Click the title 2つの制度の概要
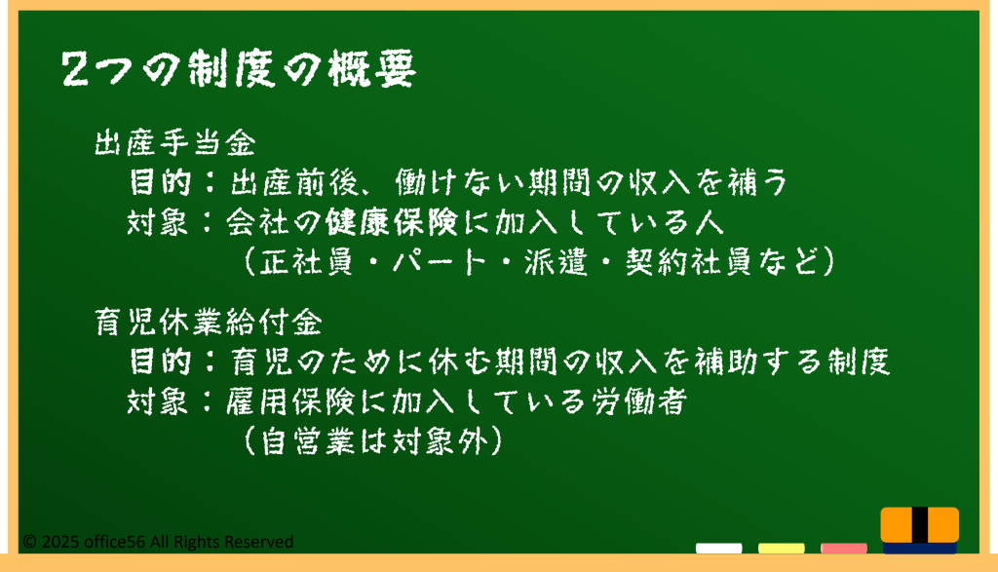coord(240,69)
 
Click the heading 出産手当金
coord(175,143)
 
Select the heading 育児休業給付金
coord(209,322)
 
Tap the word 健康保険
coord(392,222)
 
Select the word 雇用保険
coord(290,401)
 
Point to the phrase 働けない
coord(460,182)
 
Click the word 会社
coord(257,222)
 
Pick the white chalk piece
coord(718,548)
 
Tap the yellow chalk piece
coord(781,548)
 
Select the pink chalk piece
coord(843,548)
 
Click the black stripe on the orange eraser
coord(920,524)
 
